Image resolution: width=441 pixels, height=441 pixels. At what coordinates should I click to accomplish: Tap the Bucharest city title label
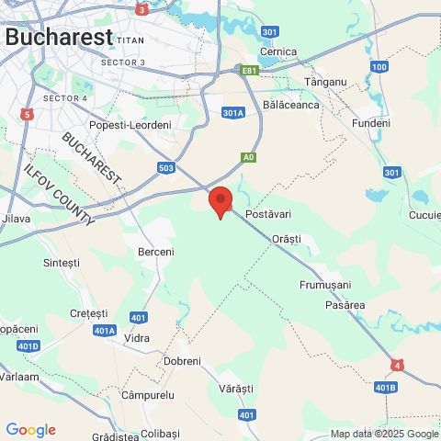(59, 37)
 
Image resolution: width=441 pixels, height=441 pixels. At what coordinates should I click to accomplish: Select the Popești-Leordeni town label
(130, 125)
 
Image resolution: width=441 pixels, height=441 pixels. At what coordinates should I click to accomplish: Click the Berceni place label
(155, 251)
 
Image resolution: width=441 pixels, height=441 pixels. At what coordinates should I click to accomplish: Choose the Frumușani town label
(326, 286)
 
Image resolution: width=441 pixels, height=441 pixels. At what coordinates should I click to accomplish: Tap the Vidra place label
(136, 338)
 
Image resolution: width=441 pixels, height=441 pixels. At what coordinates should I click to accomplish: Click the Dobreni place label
(182, 361)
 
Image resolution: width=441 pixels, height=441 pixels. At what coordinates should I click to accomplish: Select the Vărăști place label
(236, 389)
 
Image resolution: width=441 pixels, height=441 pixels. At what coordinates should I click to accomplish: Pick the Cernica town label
(278, 51)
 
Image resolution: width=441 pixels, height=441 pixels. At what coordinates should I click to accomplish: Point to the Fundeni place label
(371, 122)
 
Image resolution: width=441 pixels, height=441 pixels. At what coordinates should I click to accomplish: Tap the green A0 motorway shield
(248, 157)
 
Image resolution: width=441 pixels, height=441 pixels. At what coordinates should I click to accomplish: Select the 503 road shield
(165, 167)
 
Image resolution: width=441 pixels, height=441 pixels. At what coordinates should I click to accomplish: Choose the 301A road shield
(233, 113)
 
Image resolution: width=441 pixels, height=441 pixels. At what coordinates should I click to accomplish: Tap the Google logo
(30, 430)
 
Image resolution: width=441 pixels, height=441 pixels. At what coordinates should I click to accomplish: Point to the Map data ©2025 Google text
(384, 434)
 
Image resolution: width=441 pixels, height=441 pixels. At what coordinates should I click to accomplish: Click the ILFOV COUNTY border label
(57, 196)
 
